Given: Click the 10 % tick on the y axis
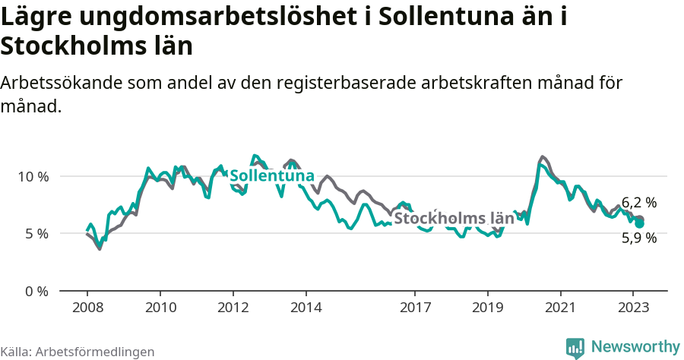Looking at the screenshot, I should (33, 176).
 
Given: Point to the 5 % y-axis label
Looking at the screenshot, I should (36, 234).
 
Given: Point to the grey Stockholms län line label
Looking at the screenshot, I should (454, 219).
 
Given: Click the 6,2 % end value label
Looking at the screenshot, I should (639, 203).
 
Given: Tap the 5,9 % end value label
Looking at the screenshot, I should (639, 238).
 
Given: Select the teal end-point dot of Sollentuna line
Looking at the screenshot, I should (640, 224).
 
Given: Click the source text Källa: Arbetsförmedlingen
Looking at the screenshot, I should (78, 352).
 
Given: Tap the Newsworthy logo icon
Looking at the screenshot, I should (575, 347).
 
